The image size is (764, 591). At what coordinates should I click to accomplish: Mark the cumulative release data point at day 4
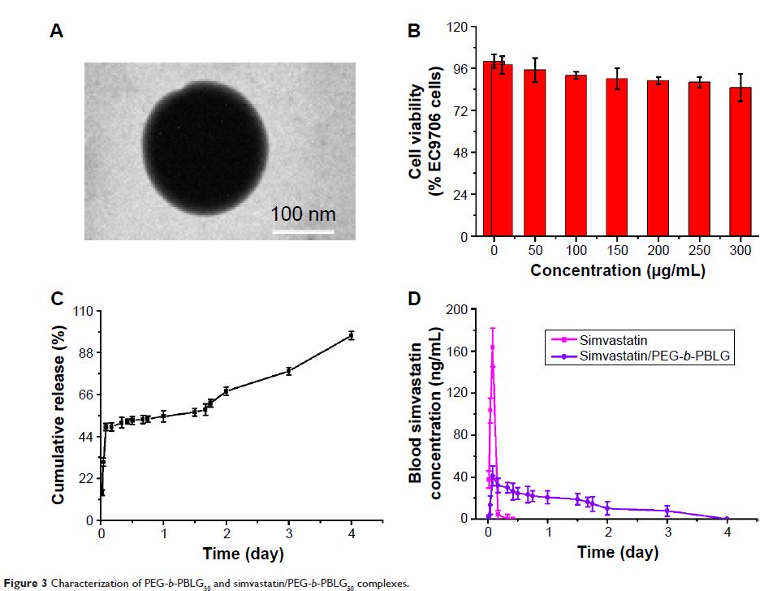coord(352,335)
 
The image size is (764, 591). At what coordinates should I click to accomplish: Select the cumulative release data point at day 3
coord(288,371)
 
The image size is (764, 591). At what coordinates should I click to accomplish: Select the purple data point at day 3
coord(667,511)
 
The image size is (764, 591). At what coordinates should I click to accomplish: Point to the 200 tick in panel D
coord(462,310)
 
